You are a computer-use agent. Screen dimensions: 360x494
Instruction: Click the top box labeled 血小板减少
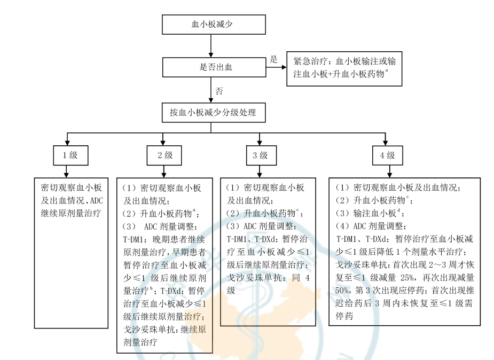pyautogui.click(x=212, y=24)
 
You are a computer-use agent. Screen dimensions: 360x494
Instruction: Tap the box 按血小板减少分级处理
pyautogui.click(x=212, y=113)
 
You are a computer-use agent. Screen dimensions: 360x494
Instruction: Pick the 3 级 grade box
pyautogui.click(x=259, y=156)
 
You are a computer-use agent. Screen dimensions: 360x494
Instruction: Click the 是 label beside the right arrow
pyautogui.click(x=273, y=59)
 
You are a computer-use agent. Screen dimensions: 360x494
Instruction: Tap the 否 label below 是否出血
pyautogui.click(x=219, y=91)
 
